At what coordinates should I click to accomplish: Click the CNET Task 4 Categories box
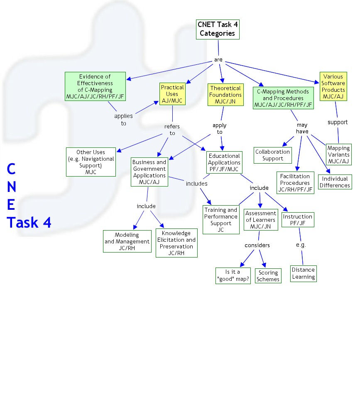pos(218,29)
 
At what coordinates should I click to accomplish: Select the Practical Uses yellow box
pos(172,94)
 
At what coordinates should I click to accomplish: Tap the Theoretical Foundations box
pos(225,95)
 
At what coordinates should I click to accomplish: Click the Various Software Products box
pos(333,86)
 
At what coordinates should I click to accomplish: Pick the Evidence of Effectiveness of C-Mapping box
pos(95,86)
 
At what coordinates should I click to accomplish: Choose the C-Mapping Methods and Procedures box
pos(283,98)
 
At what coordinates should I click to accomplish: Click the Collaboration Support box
pos(273,155)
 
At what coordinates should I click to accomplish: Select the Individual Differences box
pos(335,182)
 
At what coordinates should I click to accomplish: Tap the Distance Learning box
pos(304,273)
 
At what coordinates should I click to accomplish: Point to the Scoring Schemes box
pos(268,276)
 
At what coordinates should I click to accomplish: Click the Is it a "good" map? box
pos(233,275)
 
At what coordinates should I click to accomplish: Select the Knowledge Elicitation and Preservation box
pos(176,243)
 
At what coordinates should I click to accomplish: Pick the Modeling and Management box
pos(127,241)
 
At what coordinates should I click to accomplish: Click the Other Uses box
pos(91,162)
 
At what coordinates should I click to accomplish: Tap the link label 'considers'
pos(257,245)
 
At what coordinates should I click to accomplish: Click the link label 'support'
pos(338,122)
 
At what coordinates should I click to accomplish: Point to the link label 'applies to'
pos(123,120)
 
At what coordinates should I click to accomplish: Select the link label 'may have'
pos(302,128)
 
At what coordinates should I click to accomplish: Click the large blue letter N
pos(12,187)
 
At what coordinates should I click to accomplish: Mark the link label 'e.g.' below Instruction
pos(301,245)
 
